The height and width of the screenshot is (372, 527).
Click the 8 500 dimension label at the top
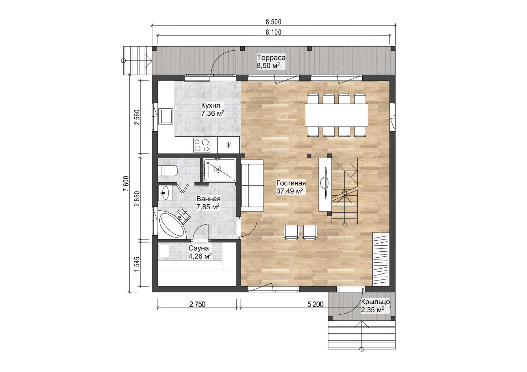click(x=273, y=22)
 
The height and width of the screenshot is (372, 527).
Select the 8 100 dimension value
click(x=273, y=32)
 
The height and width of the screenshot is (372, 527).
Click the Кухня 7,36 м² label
click(x=212, y=109)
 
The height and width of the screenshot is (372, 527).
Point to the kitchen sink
click(x=166, y=116)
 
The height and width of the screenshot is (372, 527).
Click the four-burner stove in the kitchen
click(x=201, y=145)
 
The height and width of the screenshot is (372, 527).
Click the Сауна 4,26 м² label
click(x=200, y=252)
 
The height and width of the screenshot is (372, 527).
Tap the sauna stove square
click(x=164, y=250)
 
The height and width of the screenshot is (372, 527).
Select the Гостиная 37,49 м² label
click(x=290, y=187)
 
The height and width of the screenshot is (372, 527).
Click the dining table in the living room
click(x=336, y=115)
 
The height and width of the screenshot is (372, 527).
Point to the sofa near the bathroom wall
click(x=253, y=185)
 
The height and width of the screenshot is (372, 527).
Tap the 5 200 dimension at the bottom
click(x=315, y=304)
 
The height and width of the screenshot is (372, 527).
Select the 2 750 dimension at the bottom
click(x=197, y=304)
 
